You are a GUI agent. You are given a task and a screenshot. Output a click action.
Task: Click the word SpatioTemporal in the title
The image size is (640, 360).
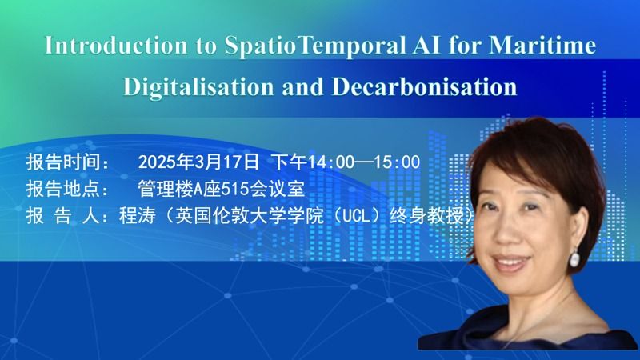[315, 46]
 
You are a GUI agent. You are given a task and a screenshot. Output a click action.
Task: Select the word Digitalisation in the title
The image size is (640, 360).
[198, 87]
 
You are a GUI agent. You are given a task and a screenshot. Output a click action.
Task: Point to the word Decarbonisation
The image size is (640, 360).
[425, 86]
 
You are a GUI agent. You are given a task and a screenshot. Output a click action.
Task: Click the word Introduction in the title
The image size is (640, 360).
[116, 46]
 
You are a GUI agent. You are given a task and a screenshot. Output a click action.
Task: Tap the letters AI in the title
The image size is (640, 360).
[426, 46]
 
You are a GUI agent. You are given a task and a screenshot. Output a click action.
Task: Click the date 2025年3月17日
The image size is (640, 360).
[198, 162]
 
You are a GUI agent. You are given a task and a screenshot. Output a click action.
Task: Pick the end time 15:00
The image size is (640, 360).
[397, 162]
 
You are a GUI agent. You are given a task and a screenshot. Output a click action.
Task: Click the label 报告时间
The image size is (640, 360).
[63, 162]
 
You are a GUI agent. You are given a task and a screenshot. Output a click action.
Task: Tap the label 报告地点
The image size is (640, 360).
[63, 189]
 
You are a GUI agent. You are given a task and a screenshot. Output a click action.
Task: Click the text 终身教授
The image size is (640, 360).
[426, 216]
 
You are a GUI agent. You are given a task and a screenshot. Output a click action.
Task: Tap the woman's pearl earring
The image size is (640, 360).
[574, 258]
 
